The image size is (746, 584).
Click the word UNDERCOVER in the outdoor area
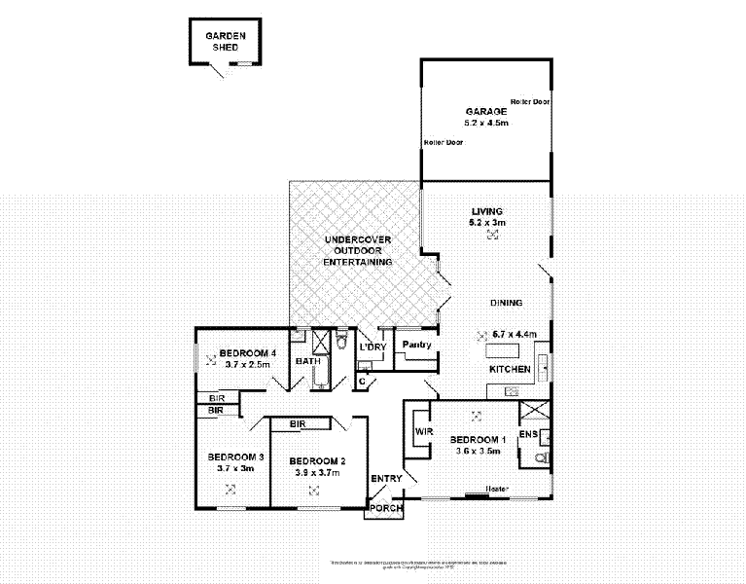(357, 239)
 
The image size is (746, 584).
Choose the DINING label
(509, 303)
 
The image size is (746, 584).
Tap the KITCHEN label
(509, 370)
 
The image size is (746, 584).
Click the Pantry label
(416, 345)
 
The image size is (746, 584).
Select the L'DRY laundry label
(373, 347)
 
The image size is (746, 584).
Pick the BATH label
(308, 362)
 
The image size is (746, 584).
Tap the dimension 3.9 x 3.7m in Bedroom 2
(318, 472)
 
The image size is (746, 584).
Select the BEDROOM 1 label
(478, 440)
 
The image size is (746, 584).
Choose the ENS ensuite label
(528, 433)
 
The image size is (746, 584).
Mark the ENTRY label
(386, 479)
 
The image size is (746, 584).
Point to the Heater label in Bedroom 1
(498, 489)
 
